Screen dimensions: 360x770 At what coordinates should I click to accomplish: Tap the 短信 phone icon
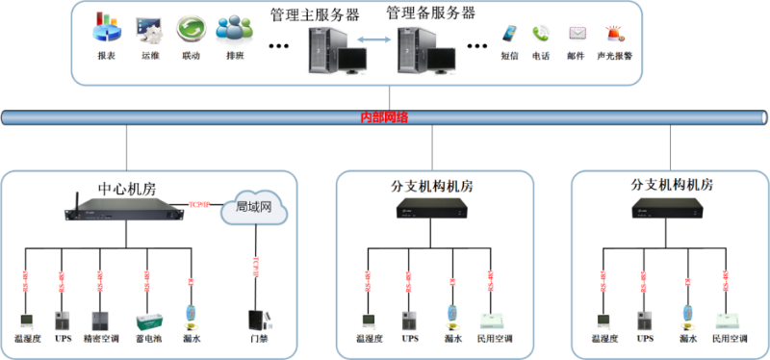point(509,35)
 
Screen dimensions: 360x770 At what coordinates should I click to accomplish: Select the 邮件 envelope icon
point(577,34)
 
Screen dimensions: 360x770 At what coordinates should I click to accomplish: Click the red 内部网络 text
point(384,117)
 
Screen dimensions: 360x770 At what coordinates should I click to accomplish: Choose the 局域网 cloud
point(255,207)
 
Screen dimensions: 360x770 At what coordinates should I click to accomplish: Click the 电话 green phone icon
point(542,34)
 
